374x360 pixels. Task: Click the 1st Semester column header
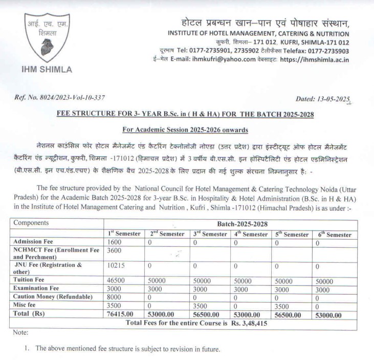pyautogui.click(x=123, y=234)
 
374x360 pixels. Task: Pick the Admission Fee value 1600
pyautogui.click(x=115, y=242)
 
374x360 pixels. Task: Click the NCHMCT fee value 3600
pyautogui.click(x=115, y=250)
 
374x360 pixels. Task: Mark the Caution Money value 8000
pyautogui.click(x=115, y=297)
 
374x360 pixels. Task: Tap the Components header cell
pyautogui.click(x=31, y=223)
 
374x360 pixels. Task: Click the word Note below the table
pyautogui.click(x=21, y=333)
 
